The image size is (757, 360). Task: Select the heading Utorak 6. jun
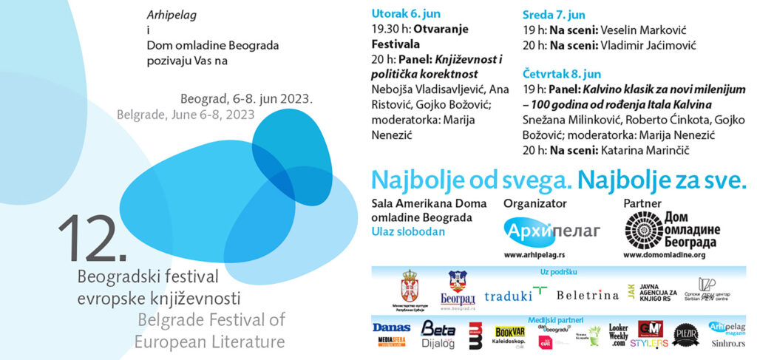405,15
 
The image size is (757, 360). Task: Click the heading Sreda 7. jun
554,15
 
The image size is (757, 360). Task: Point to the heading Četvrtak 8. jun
562,74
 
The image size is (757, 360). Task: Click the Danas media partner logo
391,327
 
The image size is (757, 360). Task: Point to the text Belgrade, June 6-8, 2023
186,115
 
